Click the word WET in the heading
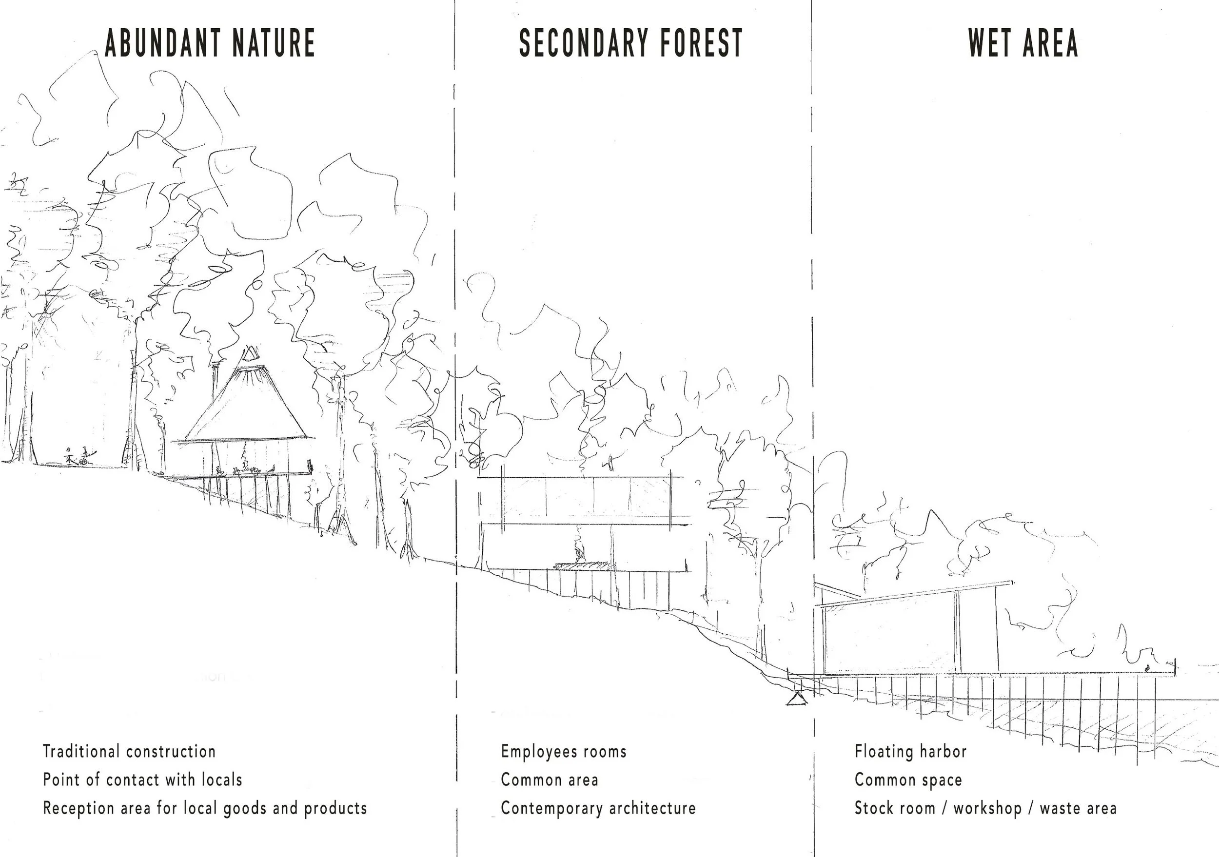pos(991,43)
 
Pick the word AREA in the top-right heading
pos(1051,43)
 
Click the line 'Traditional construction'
pos(129,752)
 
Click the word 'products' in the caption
pos(335,809)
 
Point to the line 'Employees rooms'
pos(563,752)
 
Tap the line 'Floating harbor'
pos(910,752)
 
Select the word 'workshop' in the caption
pos(987,809)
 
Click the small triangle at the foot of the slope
pos(796,700)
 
